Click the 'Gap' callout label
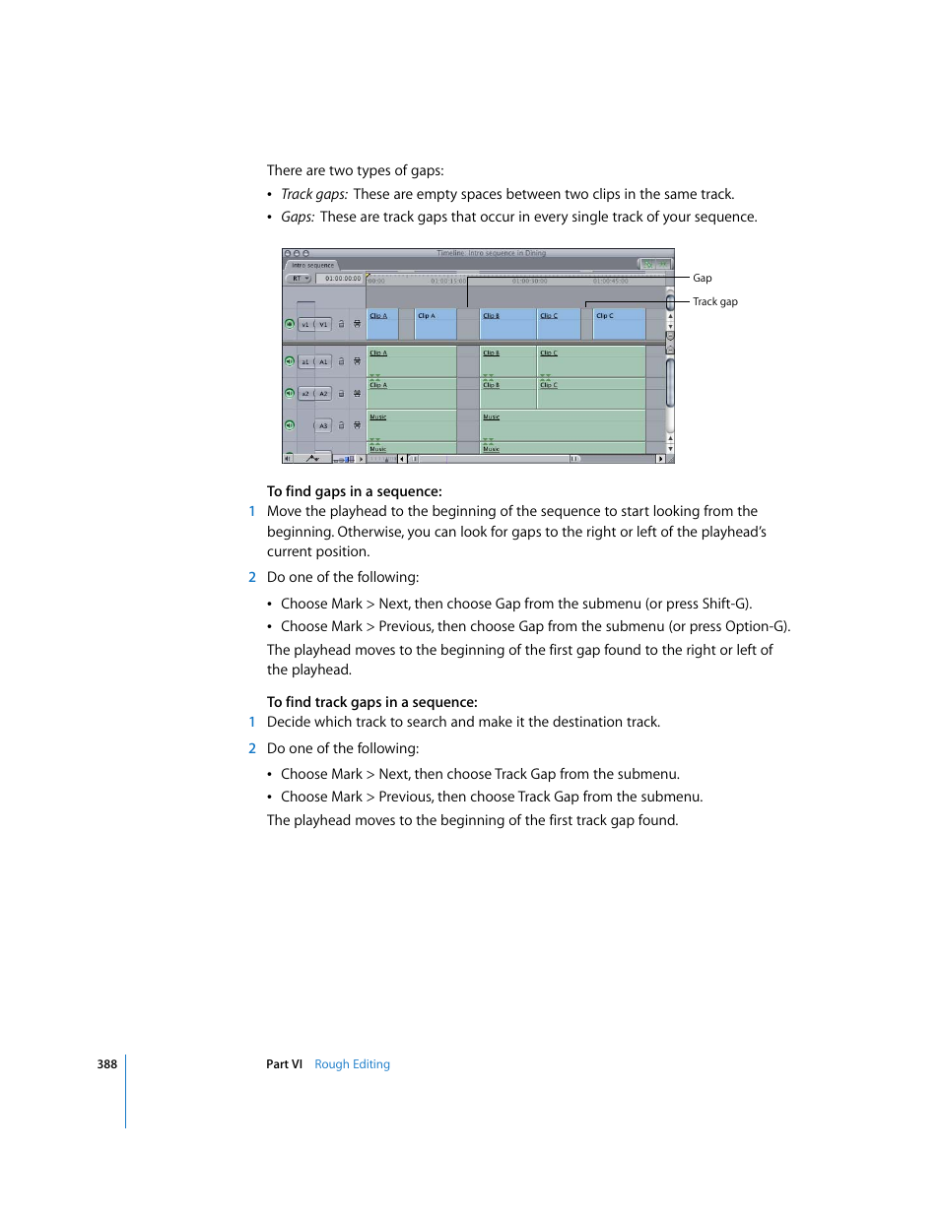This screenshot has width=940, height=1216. (x=702, y=279)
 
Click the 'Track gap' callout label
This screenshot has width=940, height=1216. (x=714, y=302)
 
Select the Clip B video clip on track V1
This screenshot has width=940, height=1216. (x=507, y=325)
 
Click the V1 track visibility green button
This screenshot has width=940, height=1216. (x=290, y=324)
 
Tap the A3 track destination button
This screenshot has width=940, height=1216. (x=323, y=426)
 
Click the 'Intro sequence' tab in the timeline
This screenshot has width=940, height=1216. (x=312, y=266)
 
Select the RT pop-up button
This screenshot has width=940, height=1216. (x=299, y=279)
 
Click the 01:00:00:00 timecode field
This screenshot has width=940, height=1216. (x=342, y=279)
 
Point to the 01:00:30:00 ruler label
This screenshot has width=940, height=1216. (x=529, y=282)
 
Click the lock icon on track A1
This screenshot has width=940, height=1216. (x=342, y=361)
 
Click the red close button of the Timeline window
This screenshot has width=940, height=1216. (x=288, y=254)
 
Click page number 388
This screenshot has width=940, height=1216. (x=106, y=1064)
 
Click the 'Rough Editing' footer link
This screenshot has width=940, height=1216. (x=352, y=1064)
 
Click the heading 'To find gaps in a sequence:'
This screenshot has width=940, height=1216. (x=354, y=491)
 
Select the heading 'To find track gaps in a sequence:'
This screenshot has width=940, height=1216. (x=371, y=702)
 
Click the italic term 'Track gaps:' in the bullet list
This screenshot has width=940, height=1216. (x=314, y=195)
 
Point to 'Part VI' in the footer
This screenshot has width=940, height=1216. (x=284, y=1064)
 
